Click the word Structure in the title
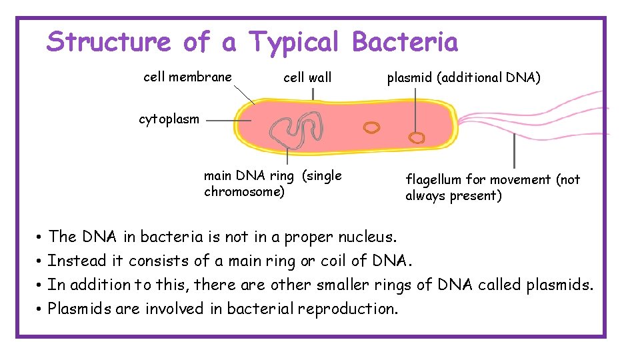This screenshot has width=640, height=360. [x=109, y=42]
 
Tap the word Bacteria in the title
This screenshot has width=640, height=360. [x=405, y=42]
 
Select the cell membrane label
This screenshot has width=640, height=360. [x=187, y=77]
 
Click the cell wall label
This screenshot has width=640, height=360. [x=307, y=78]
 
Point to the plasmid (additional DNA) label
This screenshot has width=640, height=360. [x=464, y=78]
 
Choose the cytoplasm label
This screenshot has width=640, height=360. [x=169, y=119]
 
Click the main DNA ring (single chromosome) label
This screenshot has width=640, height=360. [x=272, y=184]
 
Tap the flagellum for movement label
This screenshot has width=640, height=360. [x=492, y=187]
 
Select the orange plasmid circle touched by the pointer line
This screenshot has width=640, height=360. [x=417, y=138]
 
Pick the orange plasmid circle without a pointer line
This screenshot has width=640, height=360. [x=371, y=127]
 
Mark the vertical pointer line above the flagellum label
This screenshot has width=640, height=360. [x=514, y=151]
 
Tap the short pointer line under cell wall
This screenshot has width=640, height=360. [x=313, y=94]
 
